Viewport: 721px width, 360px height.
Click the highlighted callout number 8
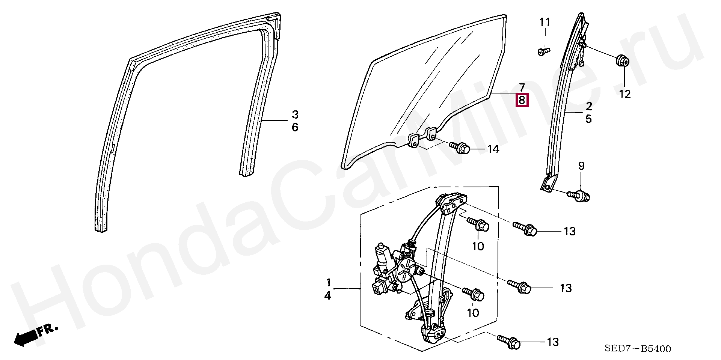pyautogui.click(x=522, y=101)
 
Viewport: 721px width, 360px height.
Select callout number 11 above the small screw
pyautogui.click(x=545, y=22)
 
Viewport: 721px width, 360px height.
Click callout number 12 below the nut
pyautogui.click(x=625, y=94)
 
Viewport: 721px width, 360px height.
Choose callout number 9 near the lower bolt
pyautogui.click(x=581, y=166)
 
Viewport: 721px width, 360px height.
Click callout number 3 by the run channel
pyautogui.click(x=295, y=114)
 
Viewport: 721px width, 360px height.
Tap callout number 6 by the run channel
pyautogui.click(x=295, y=128)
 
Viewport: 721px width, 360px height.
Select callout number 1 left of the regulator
pyautogui.click(x=328, y=282)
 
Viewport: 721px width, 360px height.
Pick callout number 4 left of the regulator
pyautogui.click(x=328, y=296)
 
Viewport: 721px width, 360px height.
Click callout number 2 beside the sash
pyautogui.click(x=588, y=106)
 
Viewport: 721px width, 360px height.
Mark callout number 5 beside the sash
pyautogui.click(x=588, y=119)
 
